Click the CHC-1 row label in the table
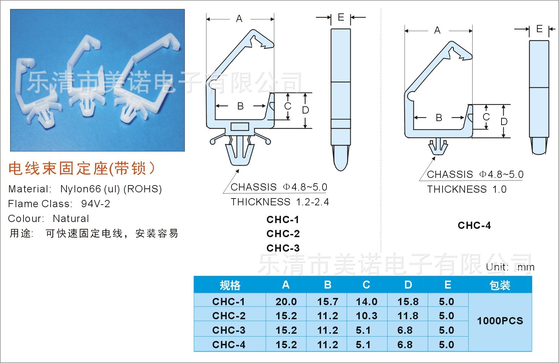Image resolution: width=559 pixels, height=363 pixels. [229, 302]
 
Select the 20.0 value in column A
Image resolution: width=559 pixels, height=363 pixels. [286, 302]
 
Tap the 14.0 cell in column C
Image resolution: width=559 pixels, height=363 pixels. [367, 302]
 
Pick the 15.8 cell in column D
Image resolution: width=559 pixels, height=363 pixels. [408, 302]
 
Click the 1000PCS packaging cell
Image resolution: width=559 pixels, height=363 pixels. [500, 321]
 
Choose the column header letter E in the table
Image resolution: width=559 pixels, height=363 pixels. [448, 285]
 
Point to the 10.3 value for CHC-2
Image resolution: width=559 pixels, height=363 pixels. [367, 316]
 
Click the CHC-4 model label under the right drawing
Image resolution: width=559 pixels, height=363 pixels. [474, 225]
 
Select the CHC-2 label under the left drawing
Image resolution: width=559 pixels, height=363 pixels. [283, 234]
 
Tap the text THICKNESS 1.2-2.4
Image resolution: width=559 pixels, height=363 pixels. [280, 202]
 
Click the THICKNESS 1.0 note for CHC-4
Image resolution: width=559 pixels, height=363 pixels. [466, 189]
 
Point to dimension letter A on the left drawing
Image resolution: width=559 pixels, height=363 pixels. [239, 19]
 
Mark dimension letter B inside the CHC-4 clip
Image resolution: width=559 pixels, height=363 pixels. [439, 118]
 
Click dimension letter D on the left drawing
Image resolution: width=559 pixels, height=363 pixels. [306, 110]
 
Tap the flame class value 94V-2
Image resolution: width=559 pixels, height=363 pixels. [95, 204]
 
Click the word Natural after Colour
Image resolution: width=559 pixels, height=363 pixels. [71, 218]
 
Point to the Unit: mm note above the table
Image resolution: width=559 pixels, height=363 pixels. [510, 267]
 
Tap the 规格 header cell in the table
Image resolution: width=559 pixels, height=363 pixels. [230, 285]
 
